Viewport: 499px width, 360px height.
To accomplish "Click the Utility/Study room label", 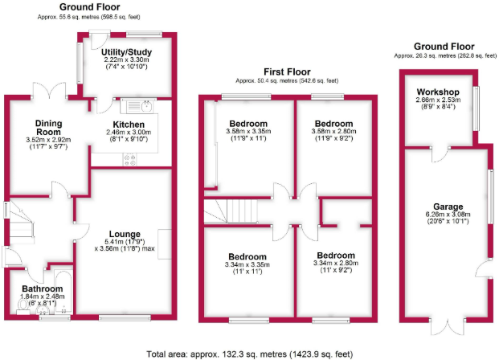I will point(128,51).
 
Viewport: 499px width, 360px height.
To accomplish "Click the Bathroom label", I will point(42,288).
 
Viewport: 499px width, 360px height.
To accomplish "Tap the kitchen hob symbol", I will point(129,158).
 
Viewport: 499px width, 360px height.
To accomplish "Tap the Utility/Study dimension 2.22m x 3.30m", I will point(128,59).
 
